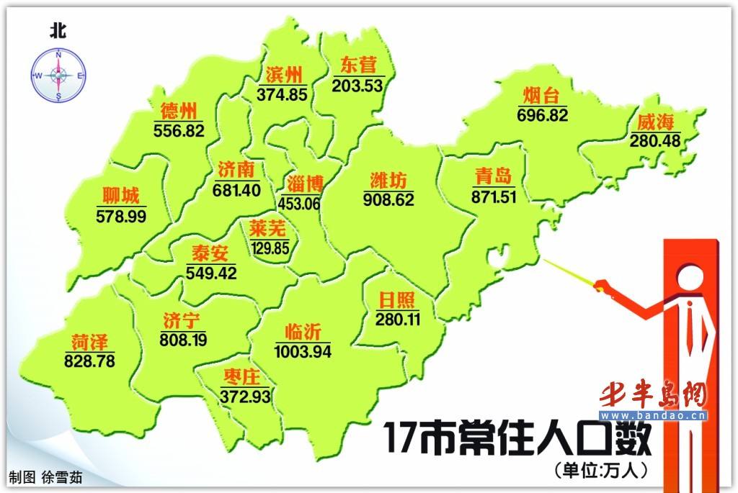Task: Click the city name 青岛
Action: click(494, 176)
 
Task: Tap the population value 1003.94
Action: click(302, 351)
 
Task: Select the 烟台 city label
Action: click(541, 96)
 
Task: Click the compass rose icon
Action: click(58, 76)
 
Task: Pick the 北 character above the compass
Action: click(58, 30)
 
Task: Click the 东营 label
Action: click(357, 65)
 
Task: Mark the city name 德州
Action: click(178, 111)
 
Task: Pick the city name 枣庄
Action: click(241, 376)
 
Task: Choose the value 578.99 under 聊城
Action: click(121, 214)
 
